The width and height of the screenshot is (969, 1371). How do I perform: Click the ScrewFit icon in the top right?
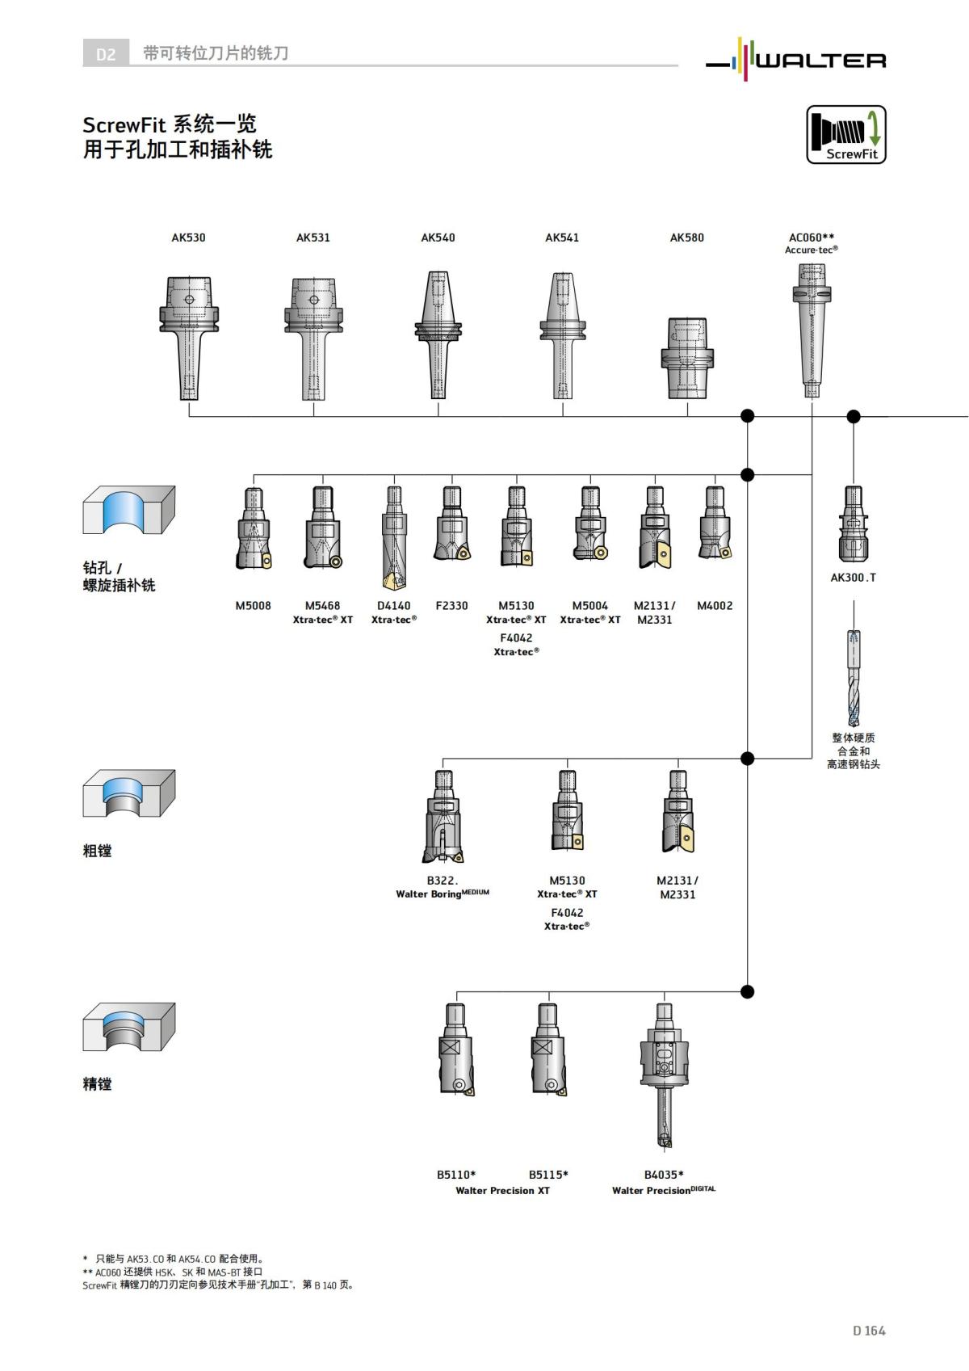click(x=846, y=135)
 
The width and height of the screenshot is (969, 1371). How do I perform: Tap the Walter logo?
click(x=796, y=58)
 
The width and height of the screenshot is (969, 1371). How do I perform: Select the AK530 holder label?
click(x=188, y=238)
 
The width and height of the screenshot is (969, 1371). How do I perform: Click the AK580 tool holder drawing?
click(x=687, y=357)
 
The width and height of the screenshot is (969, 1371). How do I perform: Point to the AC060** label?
click(x=812, y=238)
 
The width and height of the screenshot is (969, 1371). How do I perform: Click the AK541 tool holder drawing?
click(x=562, y=335)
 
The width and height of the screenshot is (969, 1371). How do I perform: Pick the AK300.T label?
click(x=853, y=578)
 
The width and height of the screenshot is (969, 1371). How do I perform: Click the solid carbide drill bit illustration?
click(x=854, y=679)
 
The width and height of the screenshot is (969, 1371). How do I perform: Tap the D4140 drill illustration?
click(x=394, y=537)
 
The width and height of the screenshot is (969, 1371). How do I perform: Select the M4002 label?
click(x=715, y=605)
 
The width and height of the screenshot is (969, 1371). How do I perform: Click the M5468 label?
click(x=322, y=605)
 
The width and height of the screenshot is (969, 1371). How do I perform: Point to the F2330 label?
click(x=451, y=605)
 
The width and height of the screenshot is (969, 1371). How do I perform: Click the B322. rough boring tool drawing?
click(x=443, y=816)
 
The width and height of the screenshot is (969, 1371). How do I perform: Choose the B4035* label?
click(x=664, y=1175)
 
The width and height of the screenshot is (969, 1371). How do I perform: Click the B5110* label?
click(x=456, y=1175)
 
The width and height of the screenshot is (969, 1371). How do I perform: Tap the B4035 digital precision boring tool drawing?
click(x=664, y=1075)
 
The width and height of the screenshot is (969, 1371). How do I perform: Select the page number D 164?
click(x=869, y=1331)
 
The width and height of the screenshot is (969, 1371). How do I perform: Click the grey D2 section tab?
click(x=106, y=54)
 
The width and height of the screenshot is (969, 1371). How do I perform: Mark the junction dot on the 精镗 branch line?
click(x=748, y=991)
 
